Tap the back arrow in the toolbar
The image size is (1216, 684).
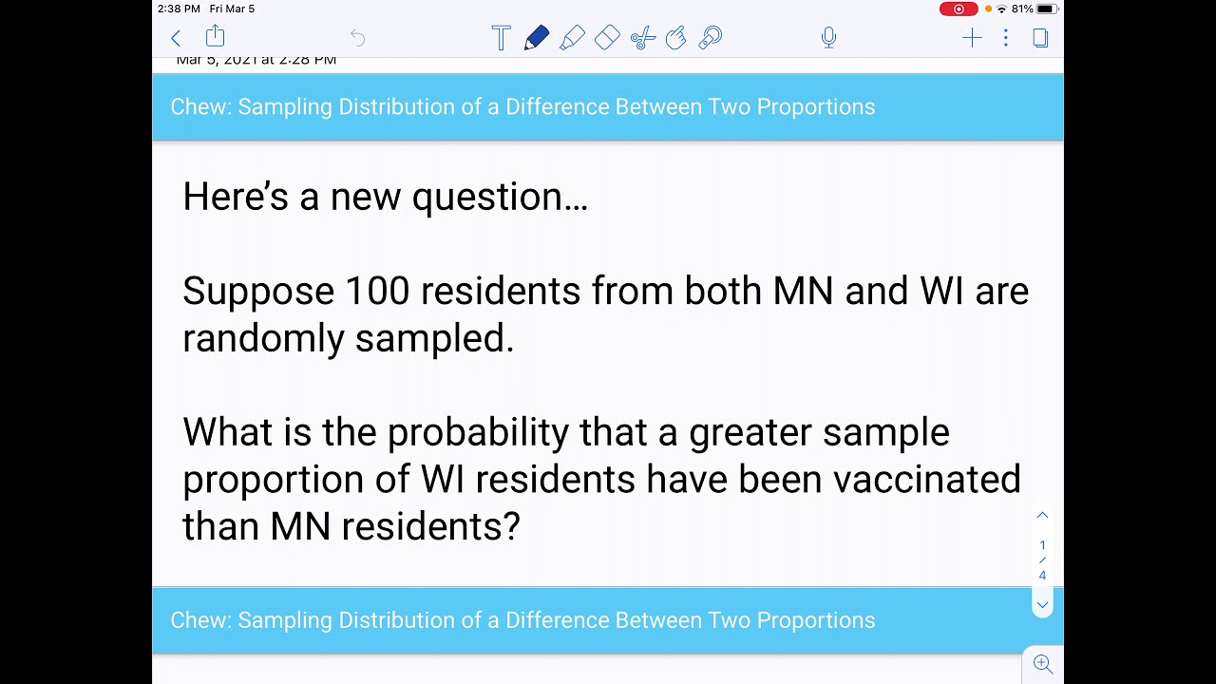(x=176, y=38)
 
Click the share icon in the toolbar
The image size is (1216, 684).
(x=216, y=37)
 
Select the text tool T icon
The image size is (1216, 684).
(x=501, y=38)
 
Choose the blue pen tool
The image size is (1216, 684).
(x=536, y=38)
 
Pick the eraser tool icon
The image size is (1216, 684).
(x=607, y=38)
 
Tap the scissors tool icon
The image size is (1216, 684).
(x=643, y=38)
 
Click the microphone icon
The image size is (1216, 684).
(x=828, y=38)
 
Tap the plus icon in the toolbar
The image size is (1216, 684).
(x=971, y=38)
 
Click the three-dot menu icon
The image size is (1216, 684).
(x=1005, y=38)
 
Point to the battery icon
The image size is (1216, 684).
(x=1046, y=9)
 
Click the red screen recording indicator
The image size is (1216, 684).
(x=958, y=9)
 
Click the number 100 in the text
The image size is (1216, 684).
(x=377, y=291)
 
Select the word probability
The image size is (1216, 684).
(x=478, y=432)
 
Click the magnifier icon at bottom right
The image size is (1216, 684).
(x=1042, y=664)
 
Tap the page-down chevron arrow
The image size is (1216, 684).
(x=1042, y=605)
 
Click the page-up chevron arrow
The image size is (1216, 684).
(x=1042, y=515)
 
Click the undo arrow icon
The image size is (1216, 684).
(x=357, y=38)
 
